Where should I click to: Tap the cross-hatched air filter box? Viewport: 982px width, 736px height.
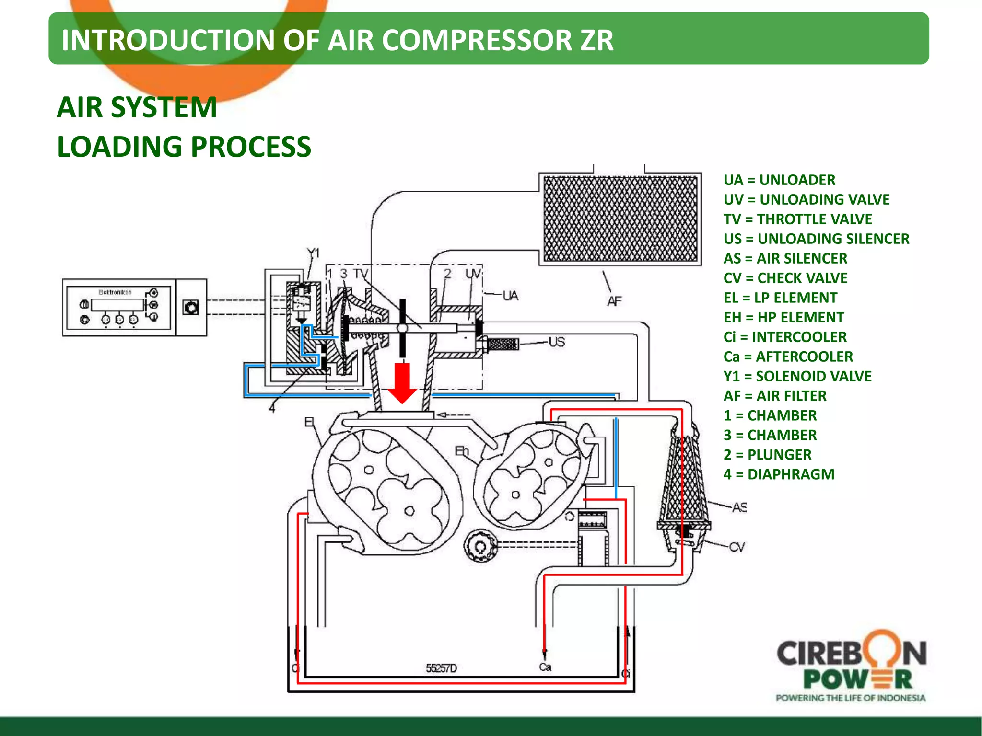(620, 218)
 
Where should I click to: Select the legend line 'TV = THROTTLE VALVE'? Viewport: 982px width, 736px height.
(797, 219)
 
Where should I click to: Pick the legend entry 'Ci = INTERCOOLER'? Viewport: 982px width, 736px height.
(785, 337)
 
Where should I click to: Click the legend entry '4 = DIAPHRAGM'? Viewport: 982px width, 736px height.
(779, 474)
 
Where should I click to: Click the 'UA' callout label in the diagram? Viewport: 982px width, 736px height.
(510, 296)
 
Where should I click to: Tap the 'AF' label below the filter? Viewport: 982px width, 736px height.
(614, 301)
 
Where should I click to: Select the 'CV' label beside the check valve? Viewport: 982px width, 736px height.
(737, 547)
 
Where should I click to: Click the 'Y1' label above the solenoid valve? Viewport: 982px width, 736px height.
(313, 253)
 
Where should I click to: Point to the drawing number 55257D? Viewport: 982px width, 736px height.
(441, 668)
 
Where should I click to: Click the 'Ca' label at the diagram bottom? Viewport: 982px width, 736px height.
(545, 667)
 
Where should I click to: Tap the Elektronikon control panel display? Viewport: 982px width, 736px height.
(117, 305)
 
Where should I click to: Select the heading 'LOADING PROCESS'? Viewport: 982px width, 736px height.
(184, 146)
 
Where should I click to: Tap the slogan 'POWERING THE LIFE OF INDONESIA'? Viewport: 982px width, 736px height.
(851, 698)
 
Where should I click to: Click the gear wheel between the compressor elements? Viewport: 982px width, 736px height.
(480, 545)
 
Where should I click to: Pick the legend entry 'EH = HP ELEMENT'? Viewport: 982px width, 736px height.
(783, 317)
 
